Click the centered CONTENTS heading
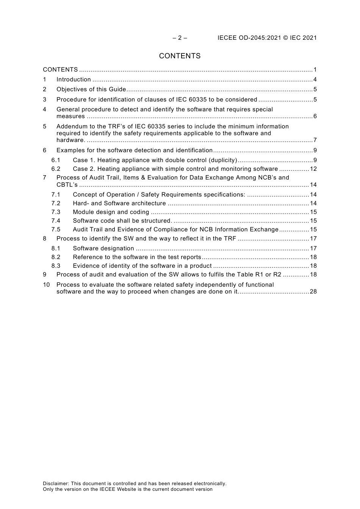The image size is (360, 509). point(180,56)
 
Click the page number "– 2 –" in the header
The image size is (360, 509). point(180,38)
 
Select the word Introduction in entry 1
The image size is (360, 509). point(74,80)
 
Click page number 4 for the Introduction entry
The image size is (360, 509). point(315,80)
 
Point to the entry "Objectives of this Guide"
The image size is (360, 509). point(91,89)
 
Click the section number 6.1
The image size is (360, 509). point(56,160)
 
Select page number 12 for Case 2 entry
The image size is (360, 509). point(313,169)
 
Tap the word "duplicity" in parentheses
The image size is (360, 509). point(224,160)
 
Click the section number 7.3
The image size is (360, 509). point(56,212)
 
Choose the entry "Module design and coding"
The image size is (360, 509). point(111,212)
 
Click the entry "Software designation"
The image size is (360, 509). point(103,248)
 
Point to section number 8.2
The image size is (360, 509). point(56,257)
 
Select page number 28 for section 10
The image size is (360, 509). point(313,292)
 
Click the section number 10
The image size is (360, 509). point(46,285)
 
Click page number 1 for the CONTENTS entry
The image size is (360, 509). point(315,70)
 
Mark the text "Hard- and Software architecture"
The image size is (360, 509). point(119,203)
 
